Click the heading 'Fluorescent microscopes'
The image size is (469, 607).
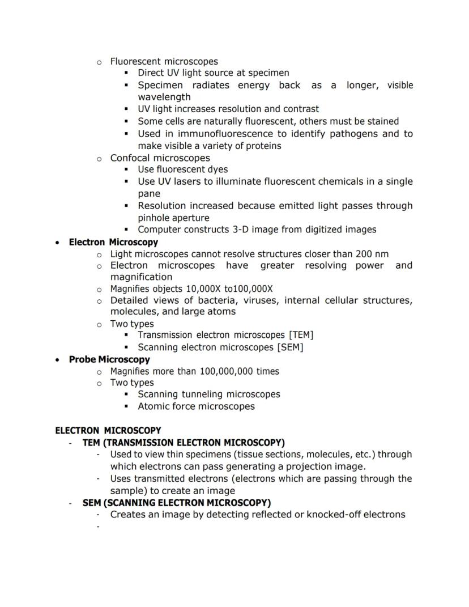click(x=164, y=61)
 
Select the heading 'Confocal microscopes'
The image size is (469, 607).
click(x=160, y=158)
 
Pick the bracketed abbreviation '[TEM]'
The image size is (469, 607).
click(x=301, y=335)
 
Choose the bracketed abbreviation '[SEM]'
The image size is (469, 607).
click(x=291, y=347)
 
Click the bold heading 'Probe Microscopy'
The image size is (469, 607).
click(x=109, y=359)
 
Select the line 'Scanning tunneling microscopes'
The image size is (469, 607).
click(x=209, y=394)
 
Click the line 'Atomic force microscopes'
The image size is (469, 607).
click(x=196, y=406)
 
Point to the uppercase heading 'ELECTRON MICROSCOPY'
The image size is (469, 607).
click(x=108, y=430)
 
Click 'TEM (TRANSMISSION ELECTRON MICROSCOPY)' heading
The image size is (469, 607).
click(x=184, y=442)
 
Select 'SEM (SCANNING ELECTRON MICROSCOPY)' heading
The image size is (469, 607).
click(x=177, y=503)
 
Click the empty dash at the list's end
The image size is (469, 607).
click(x=98, y=527)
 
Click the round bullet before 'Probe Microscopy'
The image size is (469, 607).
click(x=57, y=360)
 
